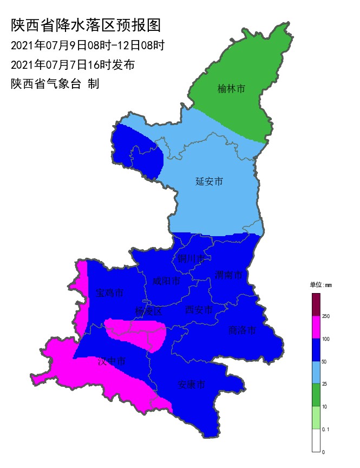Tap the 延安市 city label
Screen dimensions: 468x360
[209, 181]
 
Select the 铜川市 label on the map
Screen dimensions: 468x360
[192, 258]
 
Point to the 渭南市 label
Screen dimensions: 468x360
[228, 275]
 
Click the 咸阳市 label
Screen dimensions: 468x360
[166, 281]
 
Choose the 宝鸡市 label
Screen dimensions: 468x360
[109, 293]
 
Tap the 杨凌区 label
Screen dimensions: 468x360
[148, 311]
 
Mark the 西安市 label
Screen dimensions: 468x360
[199, 310]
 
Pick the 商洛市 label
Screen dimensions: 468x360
[241, 330]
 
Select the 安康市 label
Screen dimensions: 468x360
[192, 385]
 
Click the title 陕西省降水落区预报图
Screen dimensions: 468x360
[86, 25]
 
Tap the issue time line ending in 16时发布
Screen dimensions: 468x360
[73, 65]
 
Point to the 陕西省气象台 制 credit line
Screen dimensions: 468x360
[55, 84]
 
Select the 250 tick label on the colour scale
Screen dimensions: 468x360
[326, 316]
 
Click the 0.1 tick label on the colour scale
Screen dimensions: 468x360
[326, 429]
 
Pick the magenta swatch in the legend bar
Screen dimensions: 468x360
[316, 327]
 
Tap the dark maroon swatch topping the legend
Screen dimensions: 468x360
[316, 304]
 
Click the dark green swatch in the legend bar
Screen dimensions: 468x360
[316, 395]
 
